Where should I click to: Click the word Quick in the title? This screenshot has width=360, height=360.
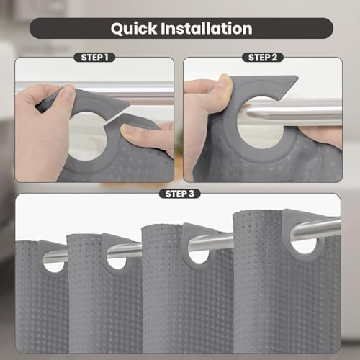tap(134, 29)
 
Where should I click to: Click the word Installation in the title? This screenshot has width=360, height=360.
tap(207, 28)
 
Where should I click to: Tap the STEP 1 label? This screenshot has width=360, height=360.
tap(94, 58)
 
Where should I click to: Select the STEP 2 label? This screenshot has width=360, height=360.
tap(263, 58)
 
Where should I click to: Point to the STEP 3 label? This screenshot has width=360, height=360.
tap(179, 194)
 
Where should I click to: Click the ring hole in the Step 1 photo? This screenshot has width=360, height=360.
tap(88, 136)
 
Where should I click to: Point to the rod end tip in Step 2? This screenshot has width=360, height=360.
tap(248, 113)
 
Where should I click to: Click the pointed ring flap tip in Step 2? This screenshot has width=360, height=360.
tap(297, 78)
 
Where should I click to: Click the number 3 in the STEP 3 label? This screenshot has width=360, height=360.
tap(191, 194)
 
